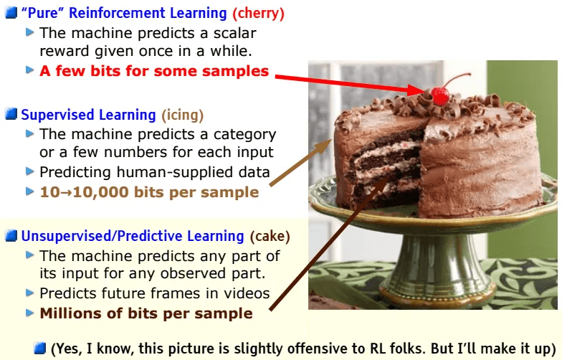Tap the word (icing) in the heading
182,115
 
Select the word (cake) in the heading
270,236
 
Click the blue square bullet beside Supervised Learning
11,115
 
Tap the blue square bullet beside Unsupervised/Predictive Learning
11,236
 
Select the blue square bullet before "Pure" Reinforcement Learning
11,13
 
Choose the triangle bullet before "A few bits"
30,70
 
